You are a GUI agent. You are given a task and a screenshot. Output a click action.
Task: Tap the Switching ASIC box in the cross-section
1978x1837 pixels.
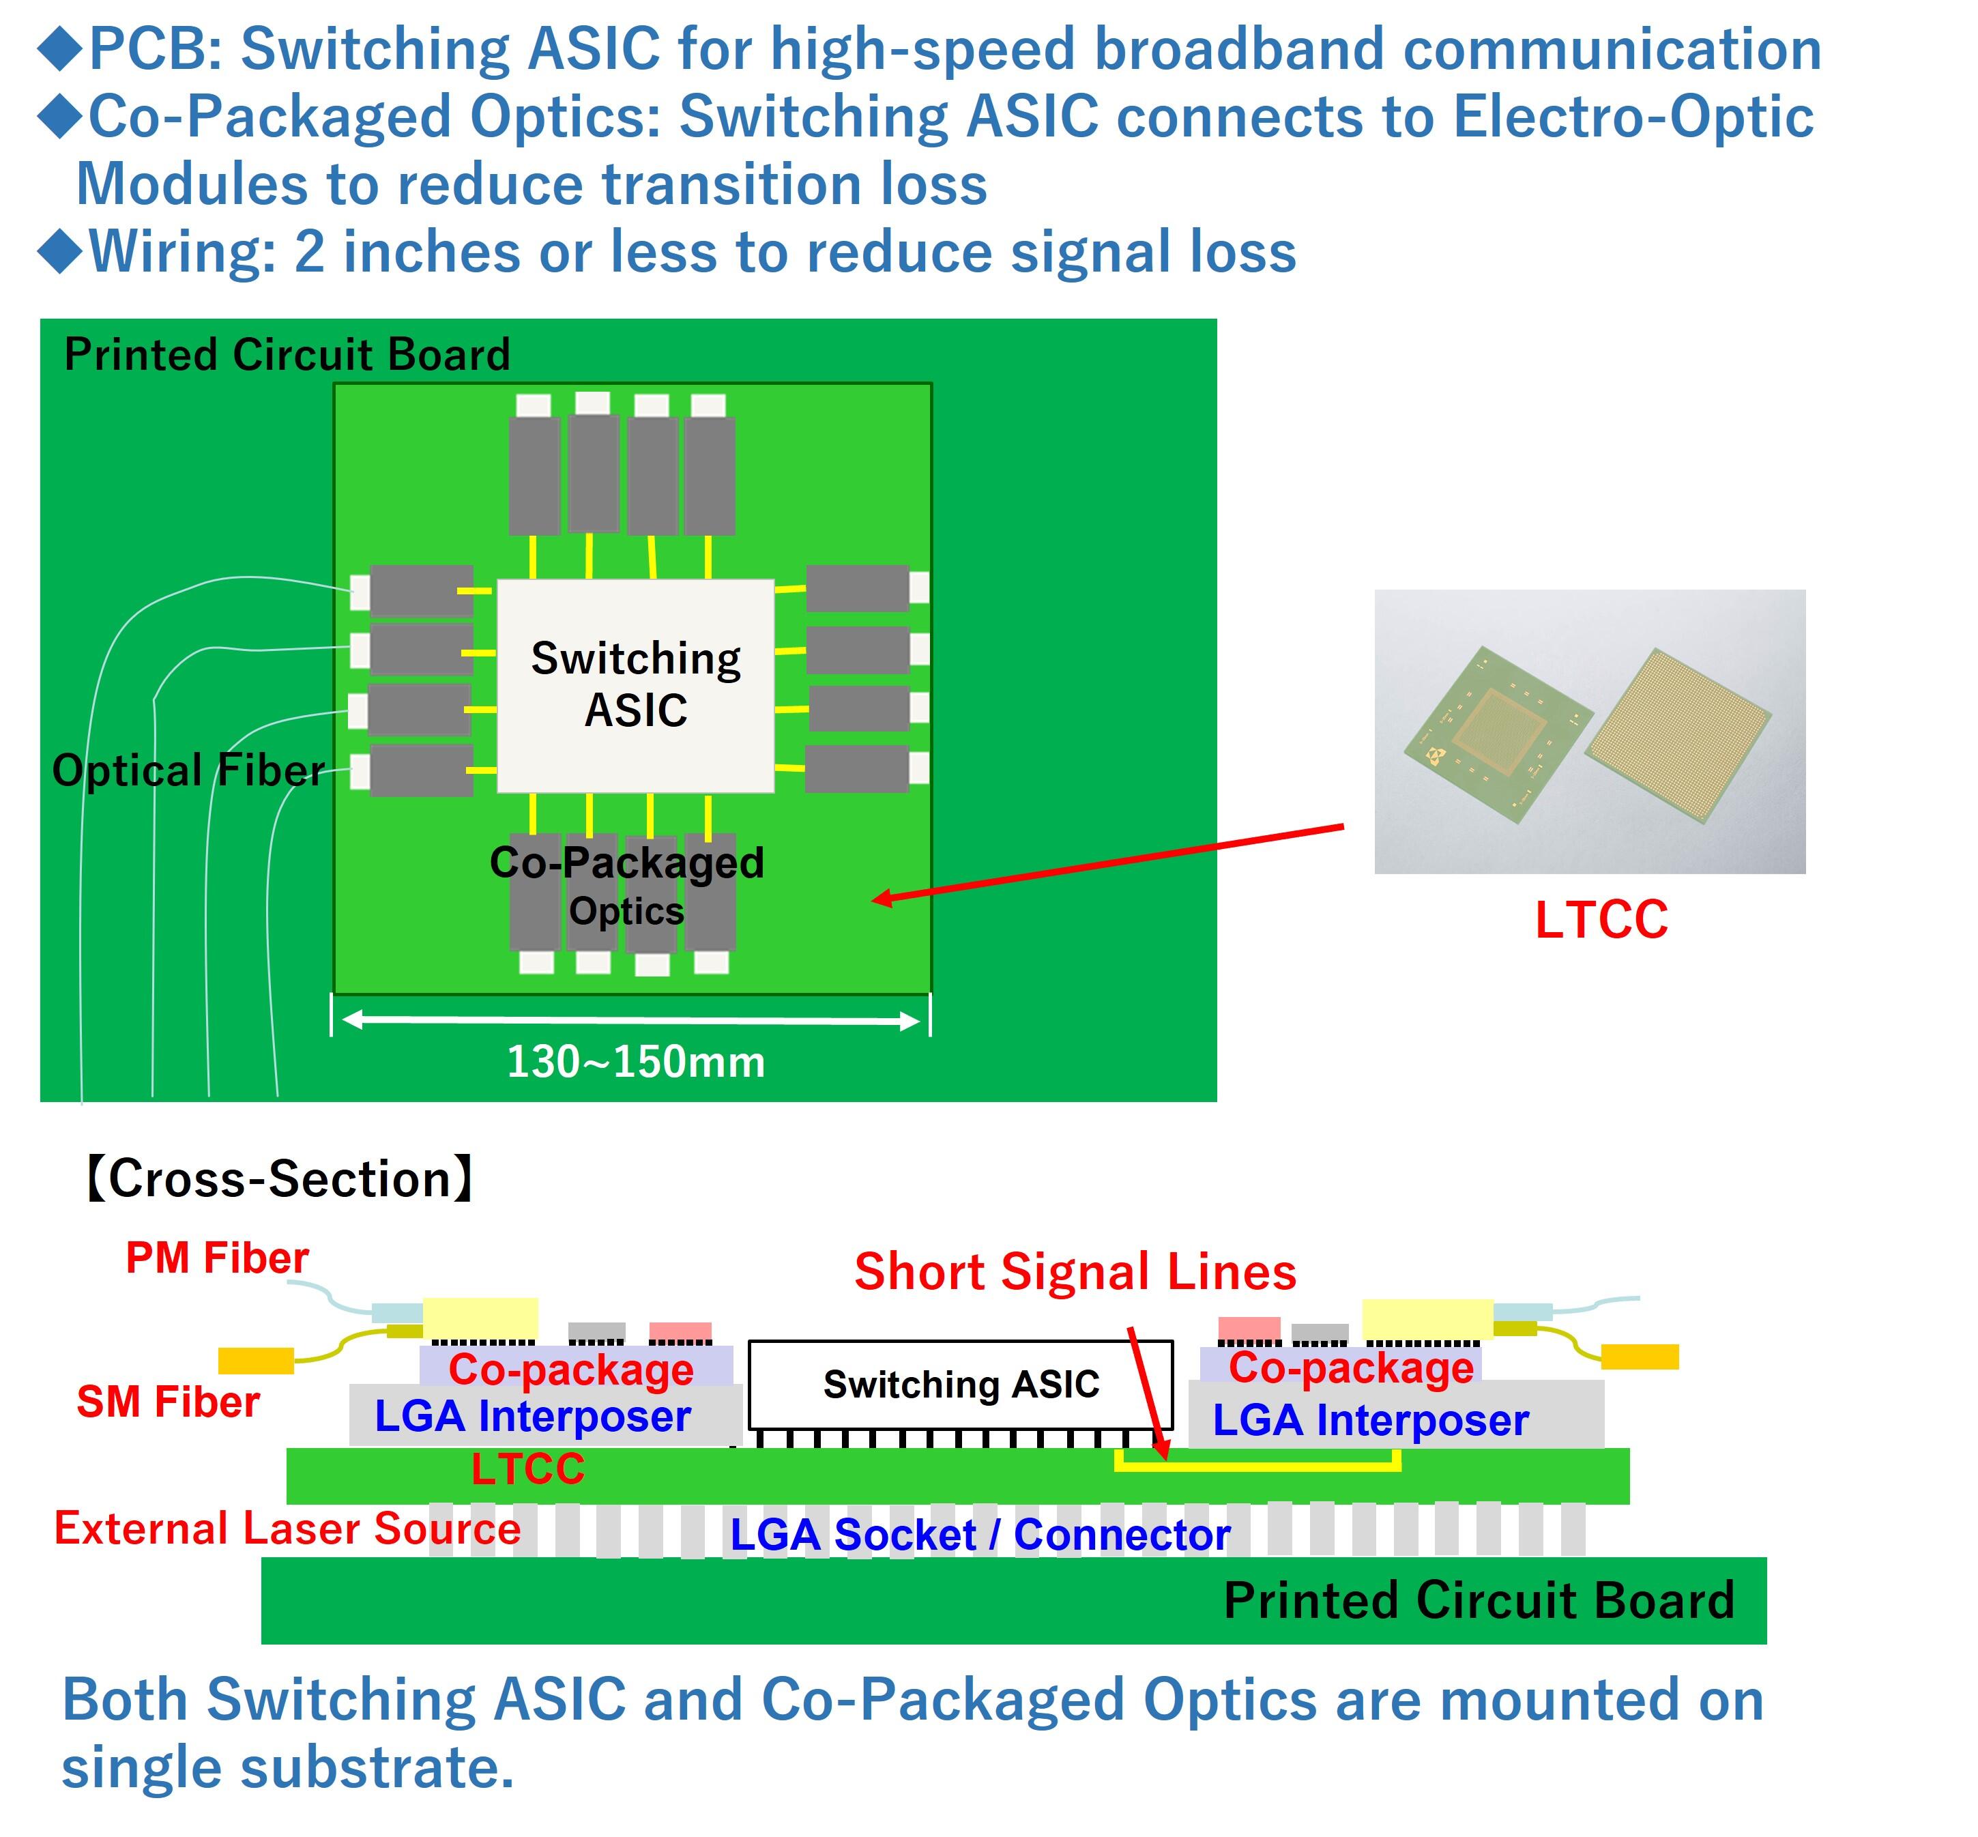[960, 1384]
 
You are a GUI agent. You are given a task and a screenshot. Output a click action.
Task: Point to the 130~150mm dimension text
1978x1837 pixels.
[636, 1062]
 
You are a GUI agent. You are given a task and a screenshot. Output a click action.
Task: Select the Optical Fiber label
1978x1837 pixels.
[188, 770]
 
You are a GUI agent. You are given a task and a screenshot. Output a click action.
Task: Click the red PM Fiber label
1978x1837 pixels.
[217, 1258]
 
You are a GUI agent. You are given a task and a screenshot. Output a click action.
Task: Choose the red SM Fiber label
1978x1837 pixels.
[168, 1402]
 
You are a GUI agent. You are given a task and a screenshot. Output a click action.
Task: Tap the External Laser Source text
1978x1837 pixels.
[287, 1528]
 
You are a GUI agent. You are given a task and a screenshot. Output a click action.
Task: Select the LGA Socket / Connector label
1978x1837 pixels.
[980, 1535]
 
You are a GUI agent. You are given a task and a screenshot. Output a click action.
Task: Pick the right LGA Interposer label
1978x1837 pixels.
[1369, 1419]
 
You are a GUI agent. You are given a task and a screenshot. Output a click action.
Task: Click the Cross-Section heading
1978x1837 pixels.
[279, 1179]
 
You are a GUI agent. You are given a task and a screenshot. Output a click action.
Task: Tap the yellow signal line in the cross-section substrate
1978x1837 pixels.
[1257, 1466]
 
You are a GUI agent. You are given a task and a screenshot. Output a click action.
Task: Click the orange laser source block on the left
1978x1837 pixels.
[255, 1360]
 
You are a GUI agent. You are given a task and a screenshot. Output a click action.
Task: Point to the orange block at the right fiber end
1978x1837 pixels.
[1639, 1356]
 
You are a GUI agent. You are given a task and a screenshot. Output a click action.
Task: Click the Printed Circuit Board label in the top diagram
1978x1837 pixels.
[287, 355]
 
